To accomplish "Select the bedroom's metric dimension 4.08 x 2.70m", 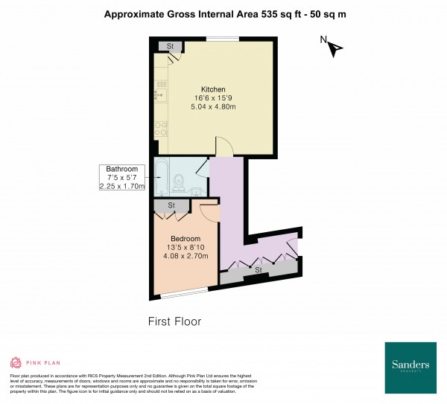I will [186, 257].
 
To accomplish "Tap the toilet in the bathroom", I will [179, 182].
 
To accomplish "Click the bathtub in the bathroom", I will [162, 179].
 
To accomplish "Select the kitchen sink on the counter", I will [158, 94].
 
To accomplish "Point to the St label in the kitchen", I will [170, 47].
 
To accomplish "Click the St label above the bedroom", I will [171, 205].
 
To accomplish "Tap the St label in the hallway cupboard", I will [259, 270].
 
